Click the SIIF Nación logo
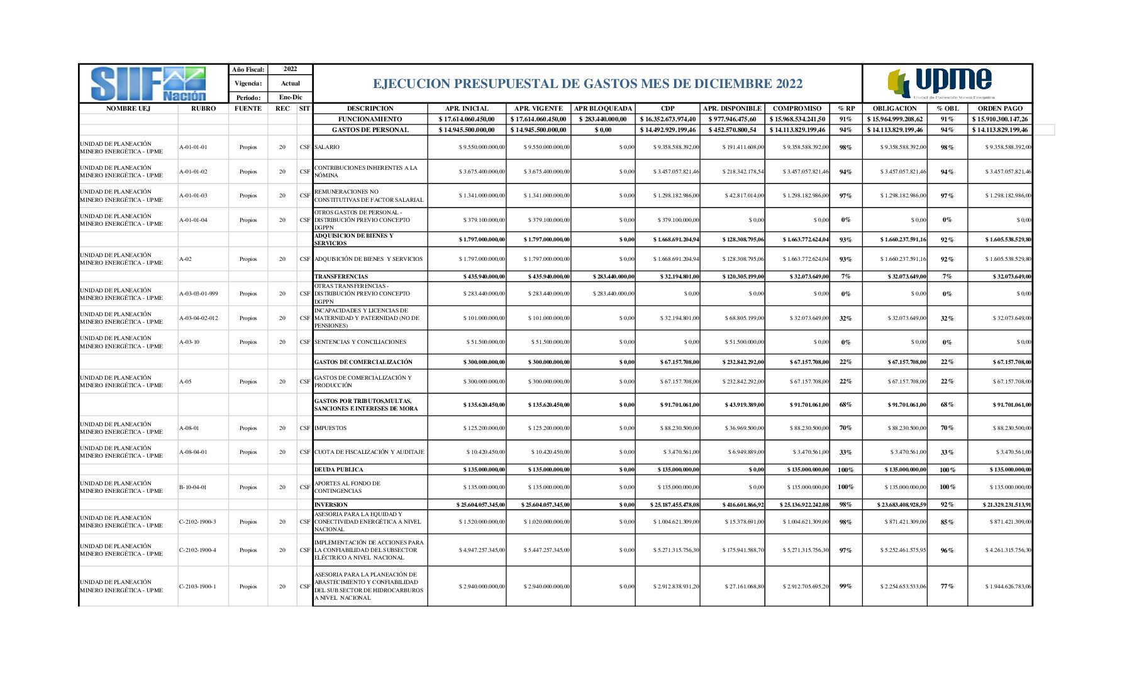click(x=148, y=84)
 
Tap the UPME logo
click(x=941, y=84)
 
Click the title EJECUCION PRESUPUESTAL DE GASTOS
click(x=587, y=84)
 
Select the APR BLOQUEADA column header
click(x=602, y=109)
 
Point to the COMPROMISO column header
click(x=797, y=109)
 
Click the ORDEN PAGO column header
click(x=1000, y=109)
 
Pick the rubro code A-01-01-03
click(x=193, y=196)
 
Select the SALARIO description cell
click(x=327, y=147)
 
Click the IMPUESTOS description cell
click(x=330, y=428)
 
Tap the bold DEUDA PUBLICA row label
click(x=339, y=470)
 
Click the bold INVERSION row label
click(x=331, y=505)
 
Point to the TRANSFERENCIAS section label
click(x=341, y=277)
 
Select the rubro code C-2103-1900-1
click(x=197, y=587)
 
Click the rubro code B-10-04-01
click(x=193, y=487)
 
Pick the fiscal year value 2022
click(x=290, y=69)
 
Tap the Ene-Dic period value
click(x=291, y=97)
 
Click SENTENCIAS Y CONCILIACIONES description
click(x=360, y=342)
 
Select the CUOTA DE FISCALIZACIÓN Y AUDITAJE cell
click(x=369, y=452)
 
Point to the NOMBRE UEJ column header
click(x=128, y=109)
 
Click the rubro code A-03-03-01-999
click(x=199, y=294)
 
